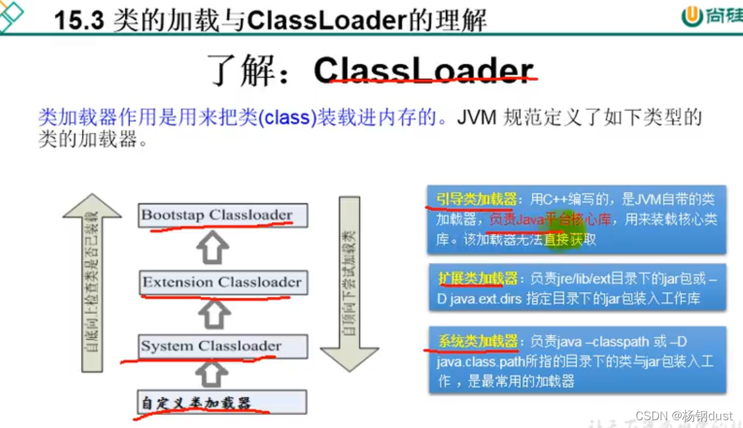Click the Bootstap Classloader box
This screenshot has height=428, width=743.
pyautogui.click(x=222, y=215)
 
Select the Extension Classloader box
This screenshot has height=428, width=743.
pyautogui.click(x=222, y=282)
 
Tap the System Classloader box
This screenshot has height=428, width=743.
pyautogui.click(x=222, y=346)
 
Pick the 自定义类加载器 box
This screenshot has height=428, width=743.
pyautogui.click(x=222, y=403)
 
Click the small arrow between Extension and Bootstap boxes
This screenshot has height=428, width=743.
pyautogui.click(x=212, y=248)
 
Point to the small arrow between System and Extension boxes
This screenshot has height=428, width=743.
pyautogui.click(x=212, y=315)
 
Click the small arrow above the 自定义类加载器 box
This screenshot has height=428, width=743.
pyautogui.click(x=212, y=374)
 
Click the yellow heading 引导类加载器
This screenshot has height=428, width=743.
pyautogui.click(x=476, y=199)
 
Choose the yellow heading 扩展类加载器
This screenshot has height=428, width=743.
pyautogui.click(x=478, y=278)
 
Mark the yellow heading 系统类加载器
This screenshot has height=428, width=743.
pyautogui.click(x=478, y=341)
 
